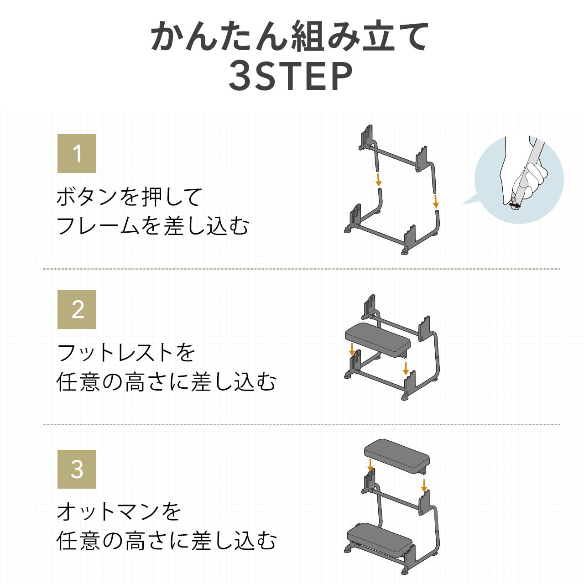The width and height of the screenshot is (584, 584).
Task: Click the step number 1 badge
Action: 77,153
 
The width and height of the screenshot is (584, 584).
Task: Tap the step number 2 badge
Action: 77,309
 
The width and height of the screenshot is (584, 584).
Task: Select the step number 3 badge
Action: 77,469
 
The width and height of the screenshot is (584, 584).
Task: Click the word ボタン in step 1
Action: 87,197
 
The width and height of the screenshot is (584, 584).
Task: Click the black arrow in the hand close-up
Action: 515,206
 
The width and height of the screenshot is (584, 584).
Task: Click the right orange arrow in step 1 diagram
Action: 436,201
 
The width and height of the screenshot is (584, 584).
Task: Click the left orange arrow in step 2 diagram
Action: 352,349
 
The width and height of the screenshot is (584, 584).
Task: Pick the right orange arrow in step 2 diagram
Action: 406,368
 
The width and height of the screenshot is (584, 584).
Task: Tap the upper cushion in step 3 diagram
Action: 396,454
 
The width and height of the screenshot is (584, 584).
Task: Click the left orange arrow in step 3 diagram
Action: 370,465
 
